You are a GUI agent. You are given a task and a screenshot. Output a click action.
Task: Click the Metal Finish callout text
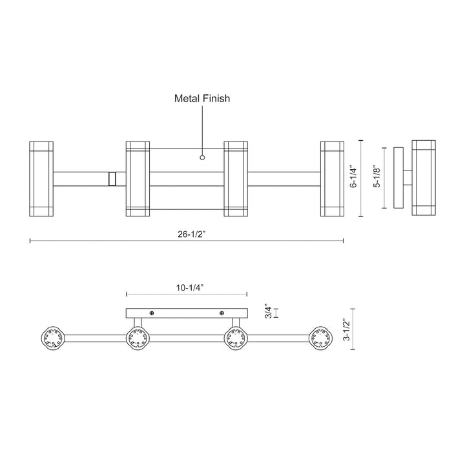202,99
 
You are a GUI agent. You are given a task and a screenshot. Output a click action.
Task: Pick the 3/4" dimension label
267,313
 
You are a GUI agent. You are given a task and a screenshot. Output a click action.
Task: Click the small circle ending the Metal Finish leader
202,157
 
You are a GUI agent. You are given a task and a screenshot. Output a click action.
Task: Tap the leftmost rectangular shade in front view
42,178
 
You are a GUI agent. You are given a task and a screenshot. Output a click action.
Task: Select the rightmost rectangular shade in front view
332,178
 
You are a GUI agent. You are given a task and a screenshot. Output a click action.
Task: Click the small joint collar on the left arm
112,178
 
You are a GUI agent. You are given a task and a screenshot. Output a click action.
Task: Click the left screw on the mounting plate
152,313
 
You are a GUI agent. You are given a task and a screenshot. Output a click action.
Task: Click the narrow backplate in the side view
397,178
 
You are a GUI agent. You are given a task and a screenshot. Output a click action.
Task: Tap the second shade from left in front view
138,178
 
